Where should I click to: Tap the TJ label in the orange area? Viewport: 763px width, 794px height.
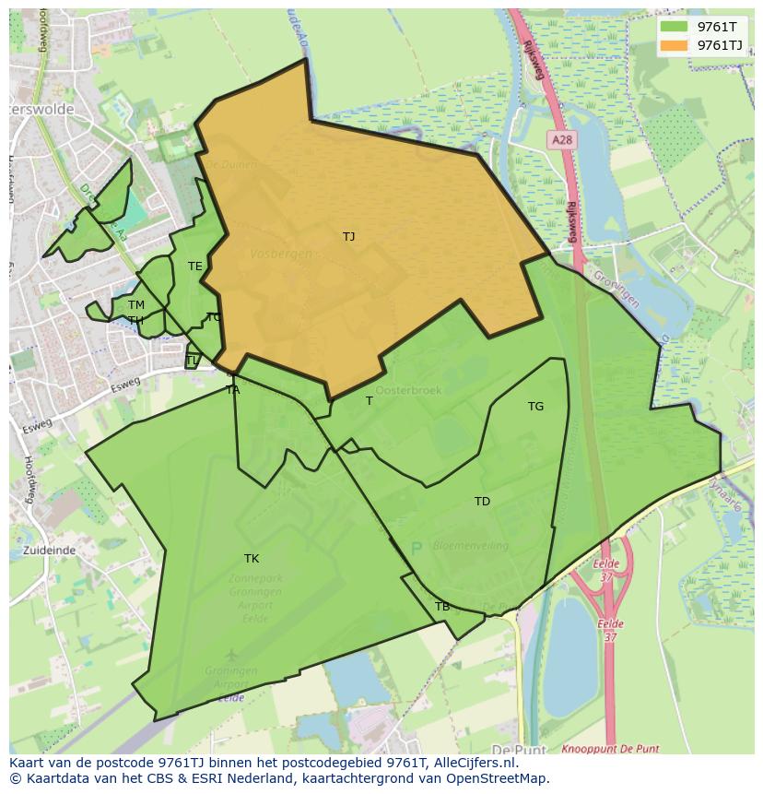coord(348,237)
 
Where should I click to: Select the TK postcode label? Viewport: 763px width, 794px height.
coord(252,559)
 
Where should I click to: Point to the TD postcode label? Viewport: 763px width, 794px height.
coord(482,502)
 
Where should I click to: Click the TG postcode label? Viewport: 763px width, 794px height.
coord(535,407)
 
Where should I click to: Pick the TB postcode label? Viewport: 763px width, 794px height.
coord(442,607)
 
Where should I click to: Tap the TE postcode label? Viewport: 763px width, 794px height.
coord(194,267)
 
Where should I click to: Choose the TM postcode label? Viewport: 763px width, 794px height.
coord(136,305)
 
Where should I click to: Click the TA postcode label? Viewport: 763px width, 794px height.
coord(233,390)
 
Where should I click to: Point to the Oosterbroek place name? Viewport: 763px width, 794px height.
coord(408,390)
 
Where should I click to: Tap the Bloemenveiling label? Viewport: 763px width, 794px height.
coord(470,546)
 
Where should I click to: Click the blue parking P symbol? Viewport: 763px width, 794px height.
coord(416,548)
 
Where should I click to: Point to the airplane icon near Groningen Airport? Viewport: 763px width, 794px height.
coord(230,656)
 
